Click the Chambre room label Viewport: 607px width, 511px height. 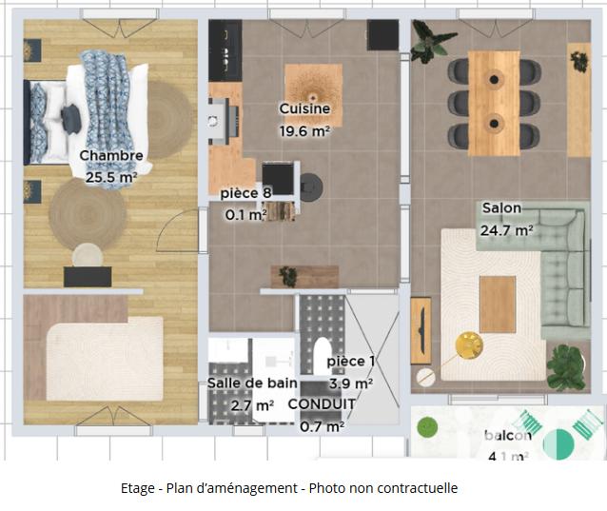pos(111,156)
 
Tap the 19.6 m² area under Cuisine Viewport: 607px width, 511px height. pos(304,131)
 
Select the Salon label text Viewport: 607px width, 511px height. pos(501,208)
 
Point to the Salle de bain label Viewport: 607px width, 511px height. pos(252,383)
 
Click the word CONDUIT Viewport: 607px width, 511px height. pos(322,404)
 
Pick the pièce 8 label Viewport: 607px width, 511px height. pos(245,194)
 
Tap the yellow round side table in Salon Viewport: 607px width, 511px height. pos(469,345)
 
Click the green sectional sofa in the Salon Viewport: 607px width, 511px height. pos(563,271)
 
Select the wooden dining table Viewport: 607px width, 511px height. pos(494,103)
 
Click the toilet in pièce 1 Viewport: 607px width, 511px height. pos(322,355)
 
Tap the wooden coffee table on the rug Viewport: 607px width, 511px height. pos(497,304)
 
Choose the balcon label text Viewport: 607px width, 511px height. pos(507,436)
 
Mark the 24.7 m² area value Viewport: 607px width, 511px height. pos(506,229)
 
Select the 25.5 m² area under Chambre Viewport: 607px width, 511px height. pos(111,177)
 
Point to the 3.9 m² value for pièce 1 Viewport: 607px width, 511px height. pos(350,383)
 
